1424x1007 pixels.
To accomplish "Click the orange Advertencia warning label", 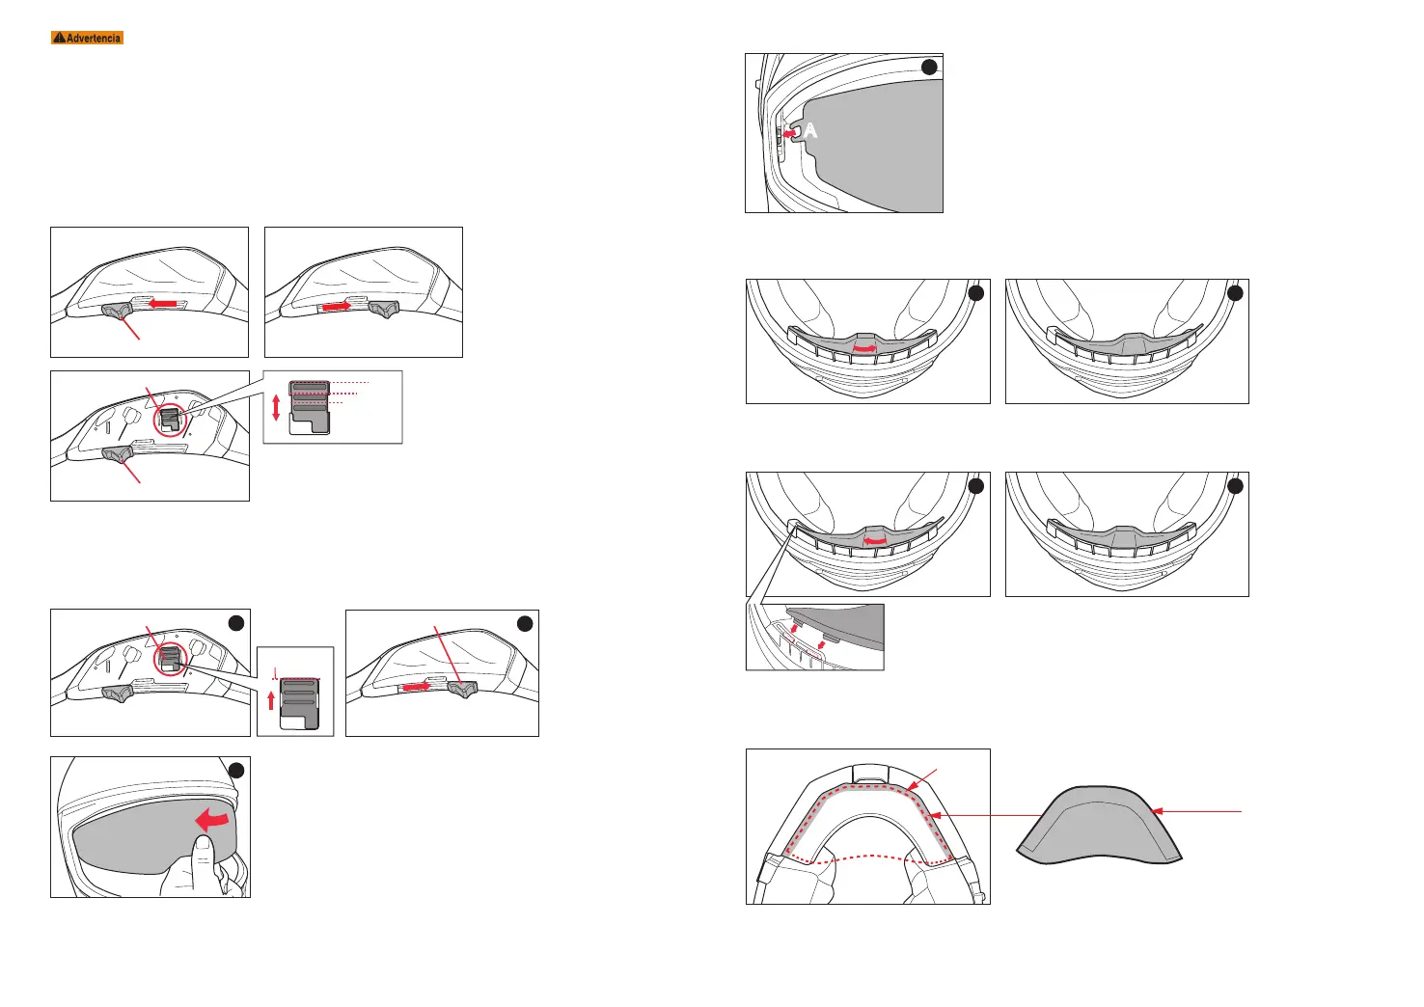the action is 87,38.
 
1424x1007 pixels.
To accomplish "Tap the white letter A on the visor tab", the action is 811,130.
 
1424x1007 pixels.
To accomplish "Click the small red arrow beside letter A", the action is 790,134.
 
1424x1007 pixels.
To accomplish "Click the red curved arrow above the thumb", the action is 214,820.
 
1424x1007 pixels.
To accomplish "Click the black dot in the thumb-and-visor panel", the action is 236,770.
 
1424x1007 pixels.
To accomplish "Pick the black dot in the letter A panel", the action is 928,67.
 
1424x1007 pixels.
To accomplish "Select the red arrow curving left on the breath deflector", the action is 876,541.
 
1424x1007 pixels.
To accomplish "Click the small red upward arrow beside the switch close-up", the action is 271,700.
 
